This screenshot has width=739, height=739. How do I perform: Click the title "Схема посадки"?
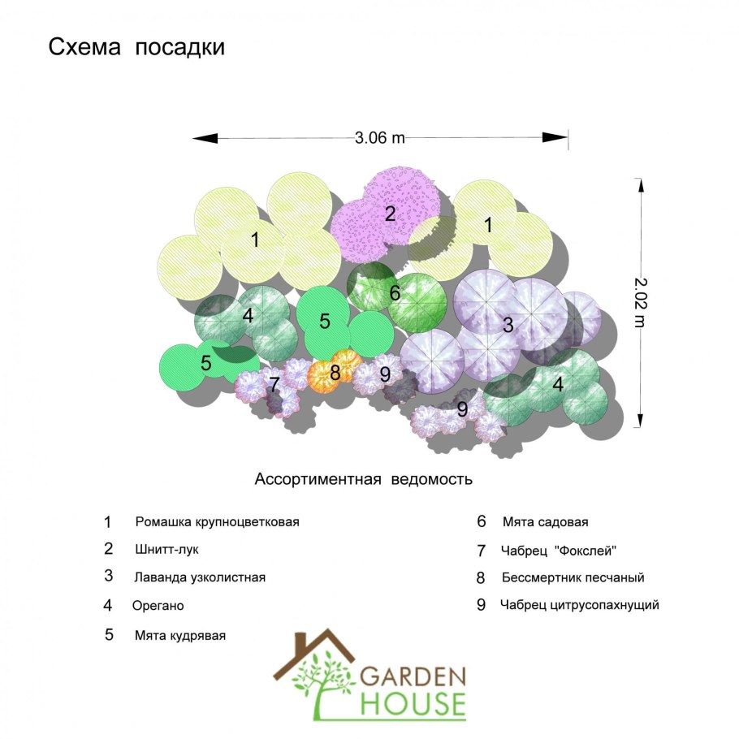(x=136, y=48)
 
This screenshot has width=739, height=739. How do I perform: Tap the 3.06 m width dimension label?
(x=379, y=138)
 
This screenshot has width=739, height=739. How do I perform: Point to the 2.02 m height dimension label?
(x=640, y=303)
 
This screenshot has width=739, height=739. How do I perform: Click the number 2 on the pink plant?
(x=390, y=214)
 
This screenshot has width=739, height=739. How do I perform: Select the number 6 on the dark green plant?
(x=395, y=292)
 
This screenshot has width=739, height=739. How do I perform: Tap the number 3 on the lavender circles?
(x=508, y=325)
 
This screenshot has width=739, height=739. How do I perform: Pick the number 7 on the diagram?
(x=274, y=384)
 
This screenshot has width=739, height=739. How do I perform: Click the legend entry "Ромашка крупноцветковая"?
(x=218, y=522)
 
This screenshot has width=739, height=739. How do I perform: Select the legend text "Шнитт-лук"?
(x=166, y=550)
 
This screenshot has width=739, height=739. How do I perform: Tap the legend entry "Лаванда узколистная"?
(x=200, y=577)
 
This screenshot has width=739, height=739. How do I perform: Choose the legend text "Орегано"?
(x=158, y=606)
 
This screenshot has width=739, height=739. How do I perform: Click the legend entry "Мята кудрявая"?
(x=180, y=635)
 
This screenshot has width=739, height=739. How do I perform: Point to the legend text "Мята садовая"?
(x=545, y=522)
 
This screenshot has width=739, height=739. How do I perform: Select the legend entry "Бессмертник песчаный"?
(x=573, y=578)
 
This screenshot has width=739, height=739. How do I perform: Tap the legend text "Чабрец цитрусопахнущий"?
(x=579, y=605)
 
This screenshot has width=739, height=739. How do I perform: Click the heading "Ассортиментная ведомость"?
(x=363, y=479)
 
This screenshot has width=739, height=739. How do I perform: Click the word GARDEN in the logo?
(x=413, y=676)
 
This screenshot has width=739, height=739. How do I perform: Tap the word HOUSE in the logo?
(x=413, y=705)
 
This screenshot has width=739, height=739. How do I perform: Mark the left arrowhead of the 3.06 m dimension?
(x=205, y=138)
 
